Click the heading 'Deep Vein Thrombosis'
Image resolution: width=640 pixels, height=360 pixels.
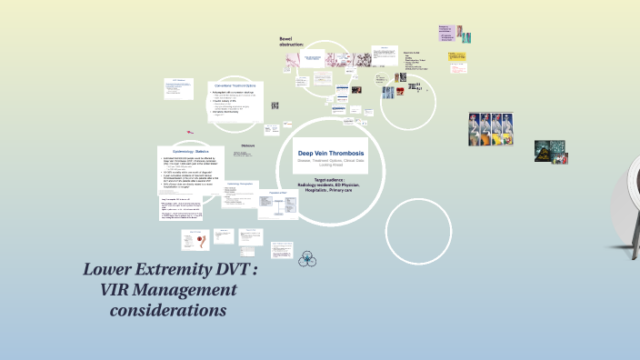point(331,153)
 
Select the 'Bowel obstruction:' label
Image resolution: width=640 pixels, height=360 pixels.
point(292,41)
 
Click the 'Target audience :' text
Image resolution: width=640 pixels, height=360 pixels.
point(331,180)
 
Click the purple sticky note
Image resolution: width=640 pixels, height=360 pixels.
point(446,34)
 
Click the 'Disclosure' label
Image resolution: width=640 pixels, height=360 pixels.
point(248,145)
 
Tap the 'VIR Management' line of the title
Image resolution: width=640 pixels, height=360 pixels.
point(166,291)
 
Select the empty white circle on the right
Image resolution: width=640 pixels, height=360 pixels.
point(419,232)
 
